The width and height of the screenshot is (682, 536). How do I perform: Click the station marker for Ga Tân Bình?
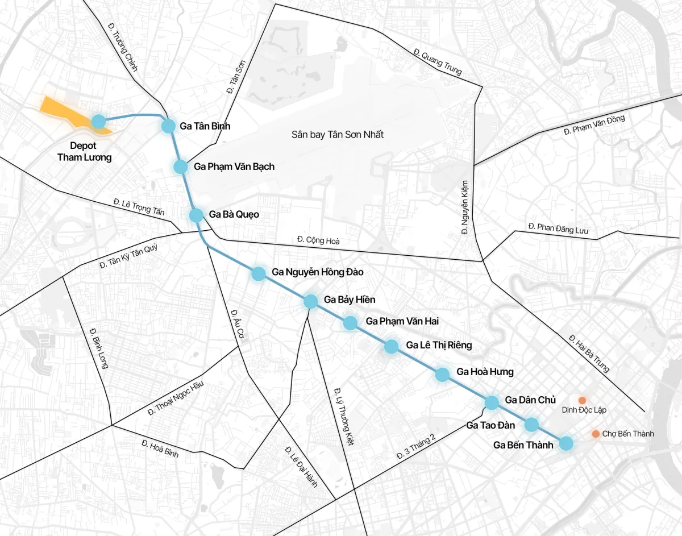168,126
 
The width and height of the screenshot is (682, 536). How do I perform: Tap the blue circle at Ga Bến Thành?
566,443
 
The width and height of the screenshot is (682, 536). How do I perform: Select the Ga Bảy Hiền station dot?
310,301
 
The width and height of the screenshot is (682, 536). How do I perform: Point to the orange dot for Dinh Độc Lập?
583,400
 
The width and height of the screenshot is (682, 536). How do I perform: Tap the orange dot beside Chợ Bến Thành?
596,434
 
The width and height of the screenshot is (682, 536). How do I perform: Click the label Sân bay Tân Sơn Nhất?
338,135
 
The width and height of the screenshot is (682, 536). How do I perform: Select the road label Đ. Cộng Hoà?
318,240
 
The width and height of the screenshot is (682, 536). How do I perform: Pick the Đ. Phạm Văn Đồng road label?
594,124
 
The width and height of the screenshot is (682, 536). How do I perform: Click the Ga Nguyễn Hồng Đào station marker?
259,273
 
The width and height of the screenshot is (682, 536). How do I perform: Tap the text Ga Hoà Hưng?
485,372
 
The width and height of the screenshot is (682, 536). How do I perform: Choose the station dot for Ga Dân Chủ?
492,403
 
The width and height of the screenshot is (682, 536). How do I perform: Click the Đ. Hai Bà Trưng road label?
588,353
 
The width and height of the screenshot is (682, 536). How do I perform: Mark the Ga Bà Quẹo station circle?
196,215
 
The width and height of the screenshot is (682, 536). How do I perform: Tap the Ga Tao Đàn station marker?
531,424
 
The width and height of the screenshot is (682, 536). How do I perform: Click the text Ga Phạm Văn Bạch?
234,167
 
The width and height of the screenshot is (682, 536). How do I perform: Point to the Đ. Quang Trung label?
438,63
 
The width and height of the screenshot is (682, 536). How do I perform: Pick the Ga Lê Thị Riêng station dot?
391,346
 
